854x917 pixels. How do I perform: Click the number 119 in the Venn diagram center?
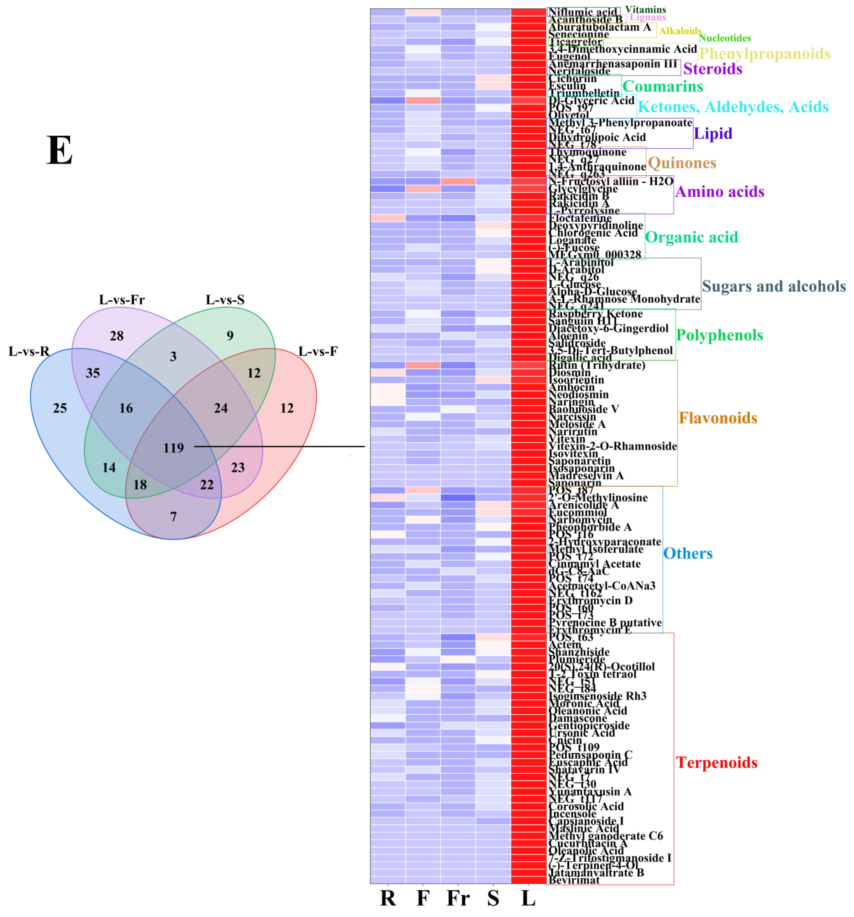[x=173, y=448]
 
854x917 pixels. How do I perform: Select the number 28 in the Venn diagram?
[x=117, y=336]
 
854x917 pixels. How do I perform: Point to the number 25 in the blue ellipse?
[x=60, y=408]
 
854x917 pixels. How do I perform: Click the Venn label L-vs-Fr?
[x=122, y=300]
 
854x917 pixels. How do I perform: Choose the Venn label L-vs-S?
[x=225, y=300]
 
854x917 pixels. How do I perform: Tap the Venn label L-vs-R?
[x=29, y=351]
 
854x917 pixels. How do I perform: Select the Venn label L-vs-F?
[x=318, y=351]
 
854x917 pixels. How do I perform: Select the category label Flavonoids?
[x=718, y=418]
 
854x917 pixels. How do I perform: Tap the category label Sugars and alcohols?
[x=774, y=286]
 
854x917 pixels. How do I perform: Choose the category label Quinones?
[x=682, y=163]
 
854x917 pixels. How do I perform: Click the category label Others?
[x=688, y=554]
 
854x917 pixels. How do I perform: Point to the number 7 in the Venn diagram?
[x=173, y=517]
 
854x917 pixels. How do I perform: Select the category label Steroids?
[x=712, y=69]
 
